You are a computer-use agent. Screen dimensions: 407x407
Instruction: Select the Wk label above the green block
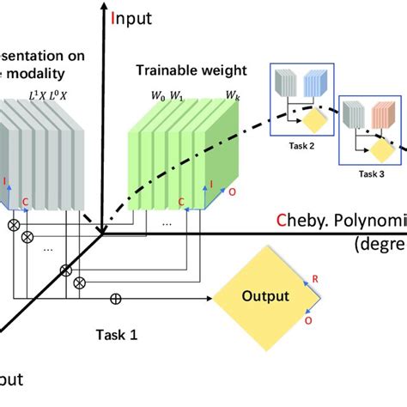(232, 94)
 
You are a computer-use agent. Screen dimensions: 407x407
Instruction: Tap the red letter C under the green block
(181, 203)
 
